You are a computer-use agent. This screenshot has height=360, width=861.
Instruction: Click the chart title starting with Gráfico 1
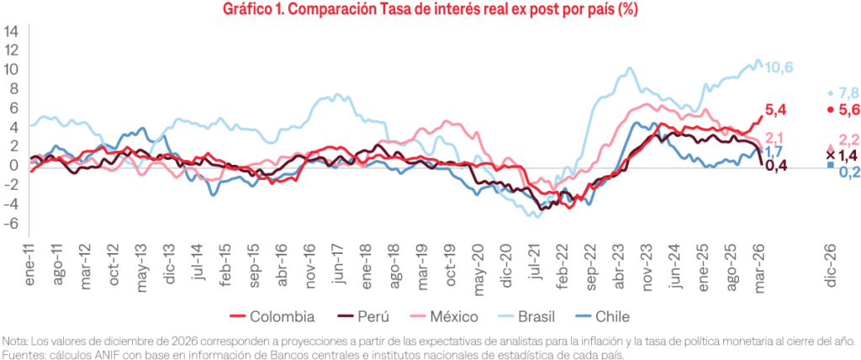pos(430,10)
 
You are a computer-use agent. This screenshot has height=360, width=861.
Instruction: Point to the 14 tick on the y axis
pos(12,30)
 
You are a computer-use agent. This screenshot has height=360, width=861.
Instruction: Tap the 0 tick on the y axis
pos(13,166)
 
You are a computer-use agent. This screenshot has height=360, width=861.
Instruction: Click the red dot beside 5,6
pos(831,109)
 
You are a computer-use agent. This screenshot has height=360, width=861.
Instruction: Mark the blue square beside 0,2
pos(831,165)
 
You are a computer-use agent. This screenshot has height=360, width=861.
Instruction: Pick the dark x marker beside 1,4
pos(831,155)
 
